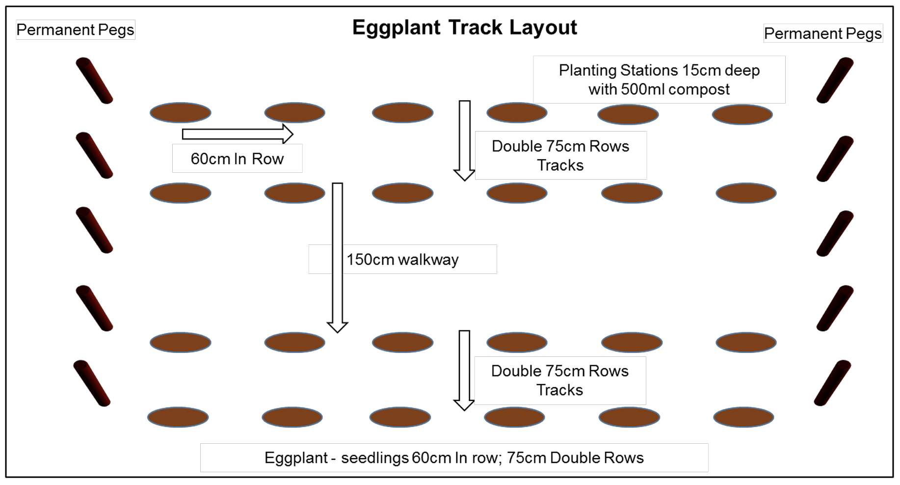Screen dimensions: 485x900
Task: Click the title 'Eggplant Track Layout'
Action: click(x=464, y=27)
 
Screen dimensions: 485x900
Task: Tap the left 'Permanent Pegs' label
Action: click(x=75, y=30)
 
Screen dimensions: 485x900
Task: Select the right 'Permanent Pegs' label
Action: click(x=822, y=33)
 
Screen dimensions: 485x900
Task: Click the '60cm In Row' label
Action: click(x=237, y=159)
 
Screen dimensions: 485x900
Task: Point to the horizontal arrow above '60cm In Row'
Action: click(x=238, y=134)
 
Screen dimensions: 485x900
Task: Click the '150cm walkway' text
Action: click(x=402, y=259)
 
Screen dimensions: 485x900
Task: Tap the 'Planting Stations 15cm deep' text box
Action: click(x=659, y=80)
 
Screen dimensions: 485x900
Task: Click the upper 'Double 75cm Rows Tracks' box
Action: click(x=560, y=155)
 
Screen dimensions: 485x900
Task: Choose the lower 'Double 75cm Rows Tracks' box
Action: click(x=560, y=380)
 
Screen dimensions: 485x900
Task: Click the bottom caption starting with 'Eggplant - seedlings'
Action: click(x=454, y=458)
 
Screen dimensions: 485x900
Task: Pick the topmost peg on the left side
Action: click(x=94, y=81)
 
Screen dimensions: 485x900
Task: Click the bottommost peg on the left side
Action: click(x=92, y=383)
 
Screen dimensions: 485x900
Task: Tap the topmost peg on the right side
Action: click(x=835, y=81)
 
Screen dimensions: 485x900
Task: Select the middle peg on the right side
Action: click(x=835, y=234)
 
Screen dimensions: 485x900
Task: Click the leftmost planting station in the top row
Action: click(x=181, y=112)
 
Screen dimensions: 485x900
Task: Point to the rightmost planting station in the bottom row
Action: click(x=743, y=417)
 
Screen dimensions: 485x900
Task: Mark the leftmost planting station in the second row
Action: click(x=181, y=193)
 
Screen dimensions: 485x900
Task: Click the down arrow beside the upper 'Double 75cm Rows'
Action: click(x=464, y=140)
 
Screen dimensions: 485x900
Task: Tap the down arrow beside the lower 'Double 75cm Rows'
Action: click(x=464, y=370)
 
